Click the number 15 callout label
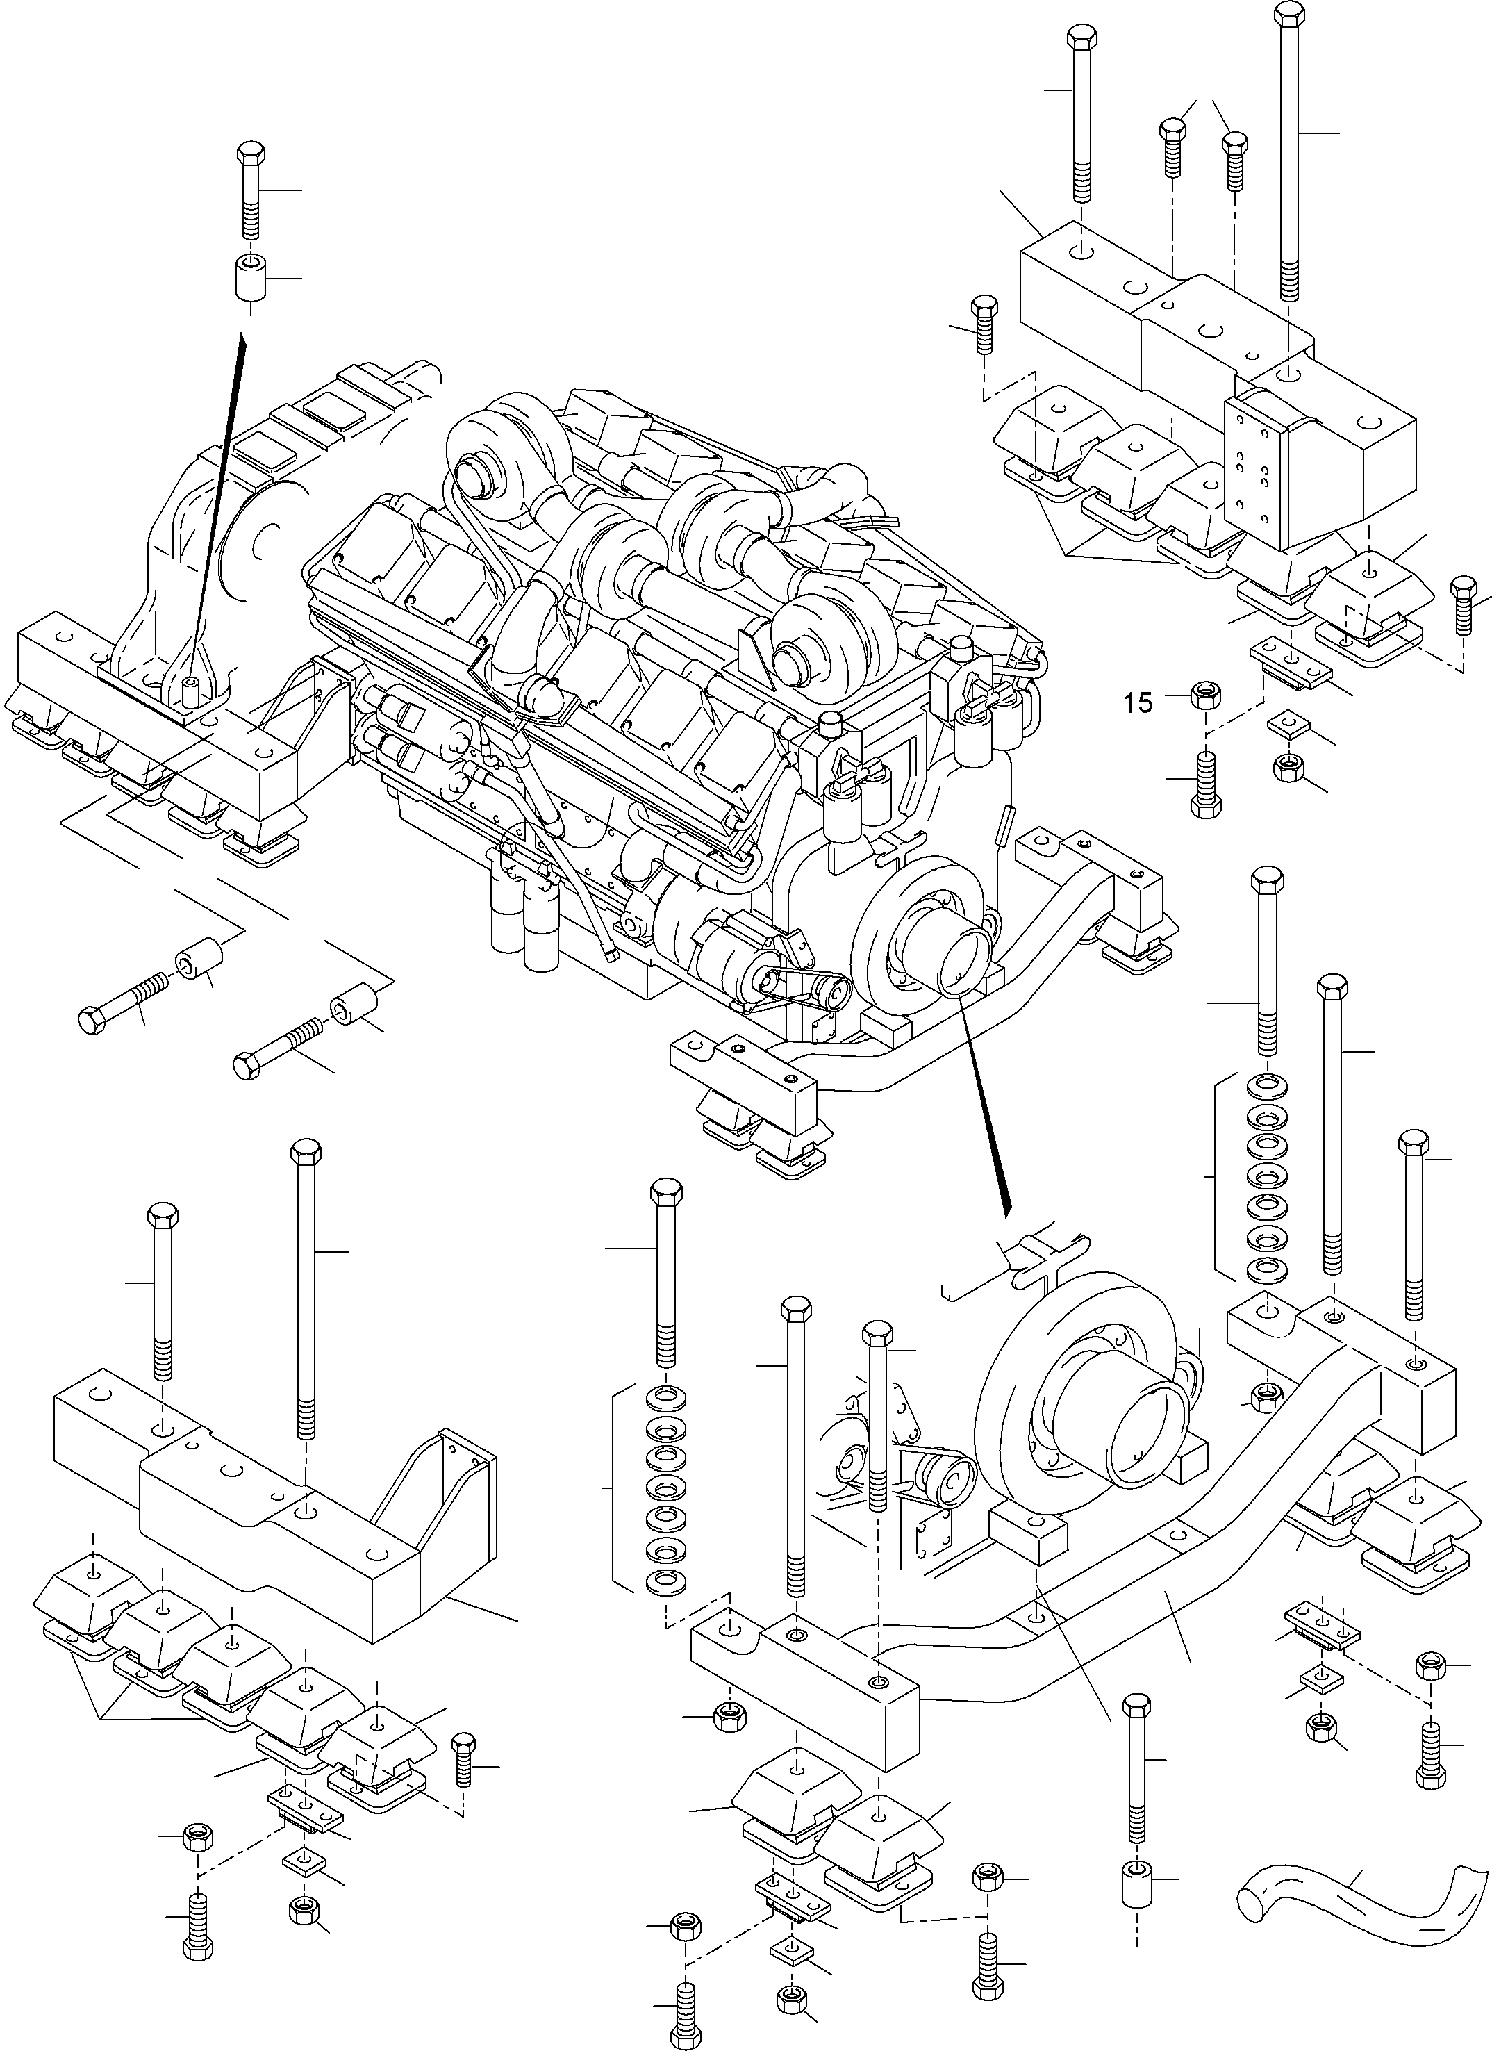pyautogui.click(x=1139, y=702)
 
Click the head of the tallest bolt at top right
pyautogui.click(x=1288, y=14)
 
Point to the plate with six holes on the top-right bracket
pyautogui.click(x=1252, y=461)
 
